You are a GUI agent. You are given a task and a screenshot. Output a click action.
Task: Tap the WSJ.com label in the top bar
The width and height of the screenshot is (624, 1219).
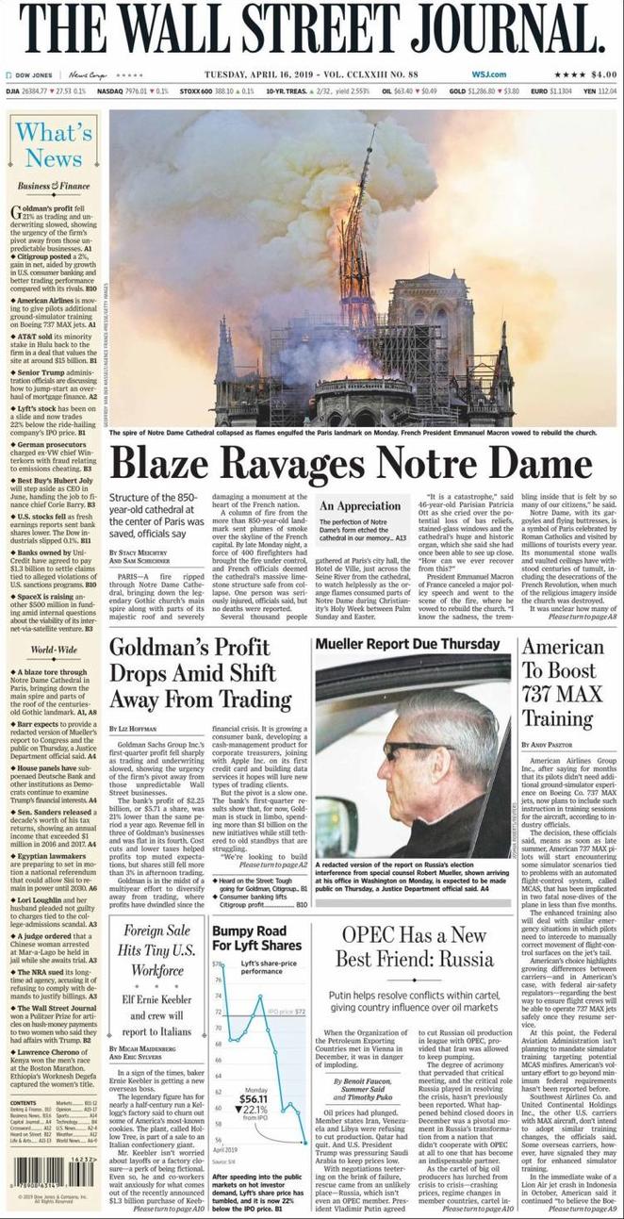(488, 74)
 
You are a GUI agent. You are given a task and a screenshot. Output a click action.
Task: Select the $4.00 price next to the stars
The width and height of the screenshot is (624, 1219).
(603, 74)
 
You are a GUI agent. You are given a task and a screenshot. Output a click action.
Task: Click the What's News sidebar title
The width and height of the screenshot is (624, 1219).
(54, 144)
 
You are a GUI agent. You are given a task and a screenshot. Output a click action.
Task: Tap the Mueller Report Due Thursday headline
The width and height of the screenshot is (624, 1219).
(408, 645)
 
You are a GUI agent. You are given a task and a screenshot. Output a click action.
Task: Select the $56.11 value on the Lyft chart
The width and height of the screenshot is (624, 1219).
(253, 1098)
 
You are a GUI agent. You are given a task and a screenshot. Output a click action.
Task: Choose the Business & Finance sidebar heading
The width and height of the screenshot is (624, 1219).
(54, 187)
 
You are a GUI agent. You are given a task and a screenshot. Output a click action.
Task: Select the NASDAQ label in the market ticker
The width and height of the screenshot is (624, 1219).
(110, 91)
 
